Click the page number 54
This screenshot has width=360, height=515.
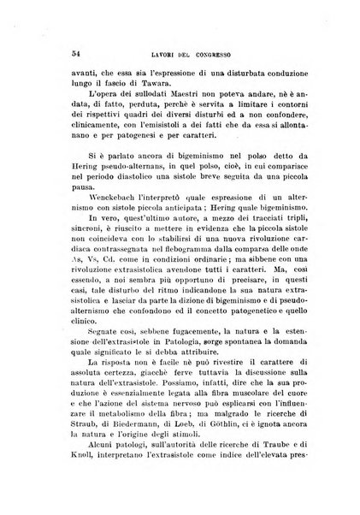(54, 54)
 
